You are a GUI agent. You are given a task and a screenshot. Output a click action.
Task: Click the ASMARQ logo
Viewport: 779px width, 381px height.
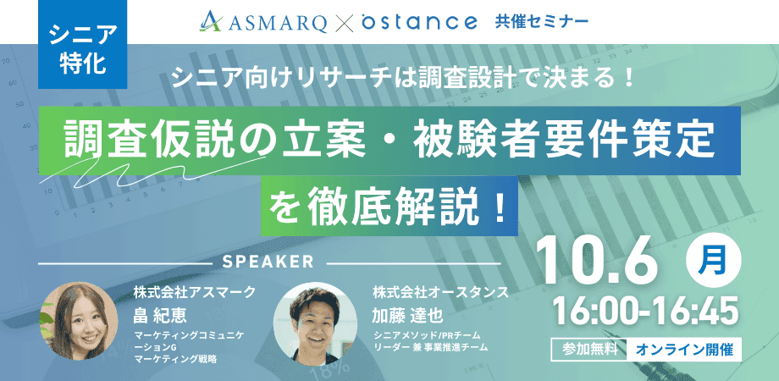tap(262, 21)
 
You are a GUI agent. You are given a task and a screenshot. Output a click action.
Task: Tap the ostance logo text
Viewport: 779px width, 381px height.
tap(419, 21)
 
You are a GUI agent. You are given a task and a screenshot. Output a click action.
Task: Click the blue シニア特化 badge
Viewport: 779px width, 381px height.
tap(82, 44)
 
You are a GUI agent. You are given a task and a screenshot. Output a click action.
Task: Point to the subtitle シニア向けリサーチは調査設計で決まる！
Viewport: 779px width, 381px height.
tap(403, 80)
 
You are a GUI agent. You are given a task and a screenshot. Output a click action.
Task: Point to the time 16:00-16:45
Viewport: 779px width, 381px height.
tap(645, 312)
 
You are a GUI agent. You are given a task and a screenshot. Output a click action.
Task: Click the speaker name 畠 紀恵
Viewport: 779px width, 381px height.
tap(157, 314)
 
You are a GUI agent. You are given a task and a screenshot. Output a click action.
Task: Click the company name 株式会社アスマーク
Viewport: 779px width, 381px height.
tap(194, 292)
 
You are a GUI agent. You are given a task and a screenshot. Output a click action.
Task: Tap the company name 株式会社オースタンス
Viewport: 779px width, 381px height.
tap(440, 292)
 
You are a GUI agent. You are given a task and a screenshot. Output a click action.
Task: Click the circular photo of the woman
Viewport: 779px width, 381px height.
tap(78, 321)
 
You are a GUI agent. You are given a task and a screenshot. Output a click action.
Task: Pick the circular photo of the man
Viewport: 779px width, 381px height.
tap(315, 323)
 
